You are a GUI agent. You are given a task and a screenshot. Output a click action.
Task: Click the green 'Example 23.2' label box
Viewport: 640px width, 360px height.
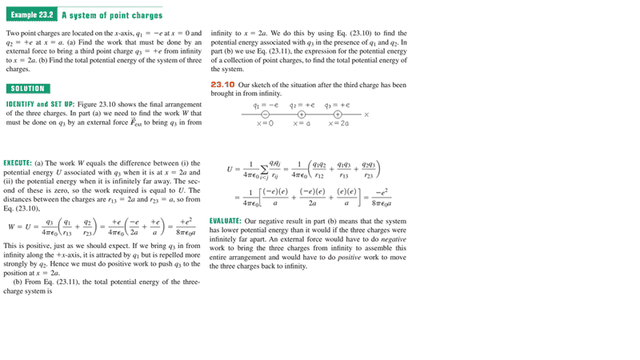(x=30, y=15)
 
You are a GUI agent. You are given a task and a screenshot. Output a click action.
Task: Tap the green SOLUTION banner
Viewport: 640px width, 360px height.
(x=27, y=88)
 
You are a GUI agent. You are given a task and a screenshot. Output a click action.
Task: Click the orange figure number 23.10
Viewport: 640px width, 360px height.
(x=222, y=84)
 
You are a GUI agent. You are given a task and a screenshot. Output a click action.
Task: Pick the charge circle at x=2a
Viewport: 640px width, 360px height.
(x=338, y=114)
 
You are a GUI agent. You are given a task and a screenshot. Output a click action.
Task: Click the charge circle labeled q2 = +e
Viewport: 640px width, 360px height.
(x=302, y=114)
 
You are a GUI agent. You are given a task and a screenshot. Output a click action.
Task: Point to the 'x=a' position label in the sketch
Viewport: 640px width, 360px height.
(x=302, y=123)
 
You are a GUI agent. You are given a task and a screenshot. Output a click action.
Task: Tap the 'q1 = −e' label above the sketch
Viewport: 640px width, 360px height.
(x=265, y=105)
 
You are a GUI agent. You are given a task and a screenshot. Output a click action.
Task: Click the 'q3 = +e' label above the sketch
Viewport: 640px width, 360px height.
(x=336, y=105)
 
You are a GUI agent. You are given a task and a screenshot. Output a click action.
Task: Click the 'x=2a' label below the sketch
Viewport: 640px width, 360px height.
(x=339, y=123)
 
